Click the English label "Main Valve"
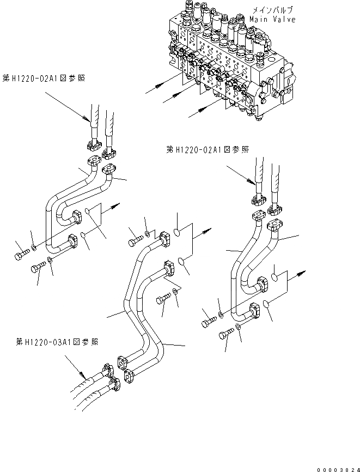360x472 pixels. click(x=272, y=20)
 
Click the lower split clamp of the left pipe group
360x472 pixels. click(x=75, y=241)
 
